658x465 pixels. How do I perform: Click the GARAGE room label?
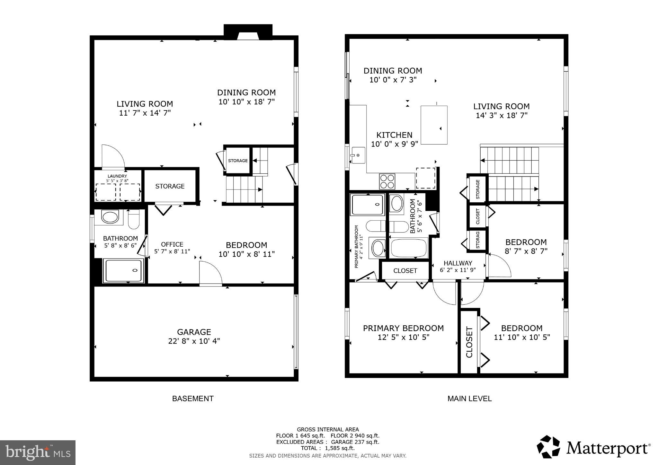194,332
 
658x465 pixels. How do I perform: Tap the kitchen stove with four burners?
387,181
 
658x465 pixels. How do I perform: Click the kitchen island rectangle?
434,125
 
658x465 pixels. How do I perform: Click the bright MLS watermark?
38,452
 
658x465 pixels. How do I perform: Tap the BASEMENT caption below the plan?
193,399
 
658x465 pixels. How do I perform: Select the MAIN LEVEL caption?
469,399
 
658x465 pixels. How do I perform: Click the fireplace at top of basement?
248,32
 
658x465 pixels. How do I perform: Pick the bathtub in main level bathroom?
409,248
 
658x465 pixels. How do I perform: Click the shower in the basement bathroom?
124,271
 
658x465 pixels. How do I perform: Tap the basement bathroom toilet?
134,220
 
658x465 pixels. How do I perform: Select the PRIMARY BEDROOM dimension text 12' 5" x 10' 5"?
404,337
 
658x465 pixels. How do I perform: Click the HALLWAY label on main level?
458,263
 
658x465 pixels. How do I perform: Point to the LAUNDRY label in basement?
117,176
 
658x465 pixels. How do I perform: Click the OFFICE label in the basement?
172,244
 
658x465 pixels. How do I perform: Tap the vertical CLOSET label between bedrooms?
469,342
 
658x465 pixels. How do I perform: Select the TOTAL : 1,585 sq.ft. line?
327,448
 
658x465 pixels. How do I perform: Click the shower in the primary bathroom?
368,205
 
